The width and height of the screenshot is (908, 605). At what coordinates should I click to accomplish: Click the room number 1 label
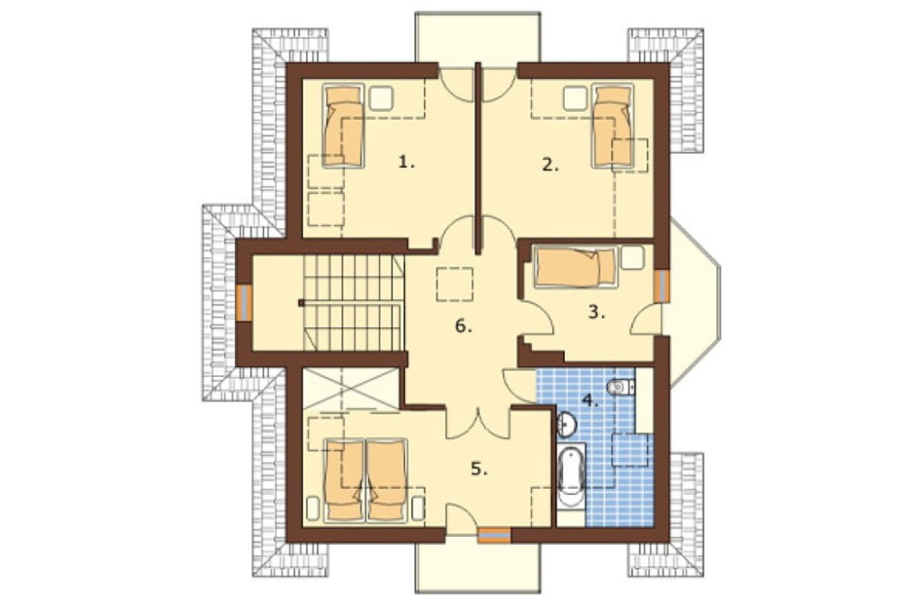[407, 163]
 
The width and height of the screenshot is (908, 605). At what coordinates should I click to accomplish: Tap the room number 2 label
[551, 165]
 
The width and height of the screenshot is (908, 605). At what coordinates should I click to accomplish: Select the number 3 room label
[597, 312]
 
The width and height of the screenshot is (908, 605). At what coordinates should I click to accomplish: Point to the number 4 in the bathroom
[590, 401]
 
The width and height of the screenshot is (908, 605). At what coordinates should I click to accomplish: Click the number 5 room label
[479, 469]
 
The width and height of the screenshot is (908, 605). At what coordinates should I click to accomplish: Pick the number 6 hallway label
[464, 327]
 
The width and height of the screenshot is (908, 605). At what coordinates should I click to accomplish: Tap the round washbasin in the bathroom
[566, 424]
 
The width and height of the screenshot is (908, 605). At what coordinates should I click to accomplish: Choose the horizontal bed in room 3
[576, 267]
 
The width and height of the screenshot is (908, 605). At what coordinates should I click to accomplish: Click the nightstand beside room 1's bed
[381, 97]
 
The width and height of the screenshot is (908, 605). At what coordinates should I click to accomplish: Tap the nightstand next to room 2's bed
[576, 97]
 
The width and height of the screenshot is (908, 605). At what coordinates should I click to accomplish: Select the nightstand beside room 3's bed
[633, 257]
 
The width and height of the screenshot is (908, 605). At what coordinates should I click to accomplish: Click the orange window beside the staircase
[244, 302]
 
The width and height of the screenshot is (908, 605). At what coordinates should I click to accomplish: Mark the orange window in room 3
[661, 285]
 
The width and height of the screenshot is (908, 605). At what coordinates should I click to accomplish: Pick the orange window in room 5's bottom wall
[495, 535]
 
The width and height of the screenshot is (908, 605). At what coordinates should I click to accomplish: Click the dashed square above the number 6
[455, 284]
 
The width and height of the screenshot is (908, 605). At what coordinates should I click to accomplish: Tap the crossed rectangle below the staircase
[350, 389]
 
